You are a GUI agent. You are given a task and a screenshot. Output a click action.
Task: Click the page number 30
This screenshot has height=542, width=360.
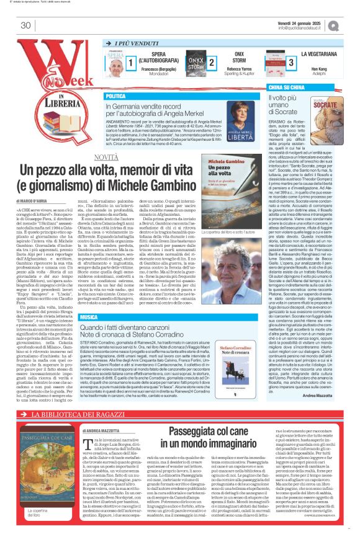[x=25, y=25]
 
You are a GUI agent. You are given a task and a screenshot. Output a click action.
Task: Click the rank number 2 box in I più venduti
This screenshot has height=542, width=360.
[x=212, y=63]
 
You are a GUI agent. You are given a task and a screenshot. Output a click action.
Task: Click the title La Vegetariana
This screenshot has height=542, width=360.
[x=322, y=55]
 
